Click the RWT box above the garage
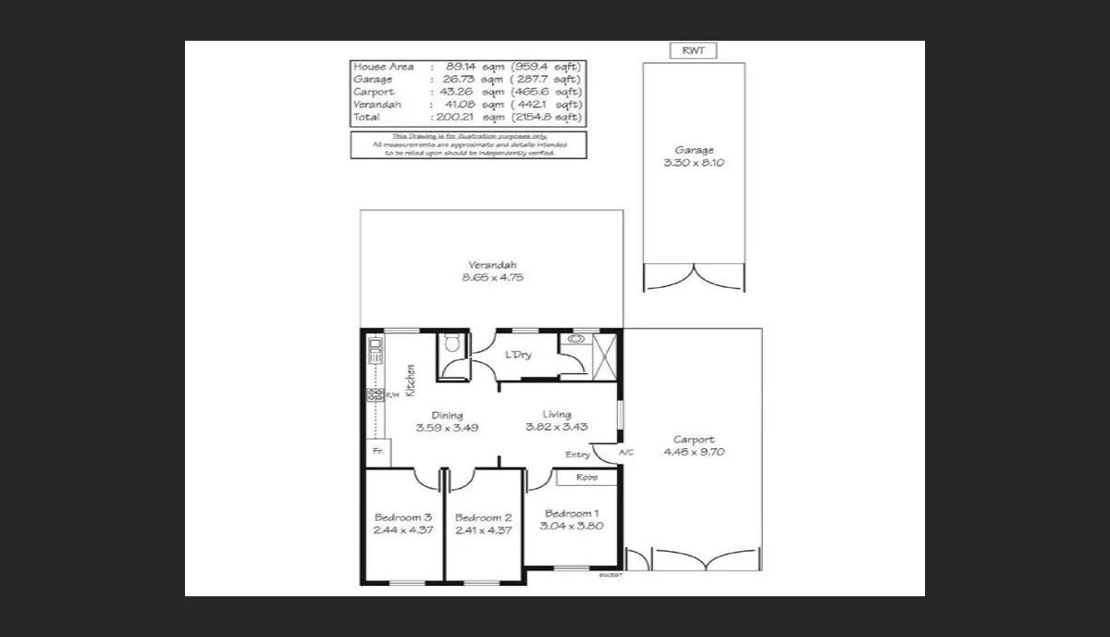click(x=693, y=51)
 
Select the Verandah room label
click(x=492, y=264)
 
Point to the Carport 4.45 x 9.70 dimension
click(x=693, y=453)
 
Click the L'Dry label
click(x=518, y=355)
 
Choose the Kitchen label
click(x=410, y=380)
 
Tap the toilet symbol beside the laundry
click(x=451, y=344)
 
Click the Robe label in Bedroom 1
click(x=586, y=478)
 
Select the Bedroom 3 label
click(x=402, y=518)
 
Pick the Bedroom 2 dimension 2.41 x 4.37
click(x=483, y=531)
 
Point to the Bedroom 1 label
click(x=572, y=514)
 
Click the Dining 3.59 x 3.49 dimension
click(x=447, y=428)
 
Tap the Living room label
click(x=557, y=414)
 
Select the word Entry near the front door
click(x=577, y=455)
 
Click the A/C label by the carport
click(x=626, y=452)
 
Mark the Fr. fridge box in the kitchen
click(x=377, y=451)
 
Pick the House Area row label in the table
click(x=383, y=67)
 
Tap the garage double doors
click(x=694, y=278)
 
